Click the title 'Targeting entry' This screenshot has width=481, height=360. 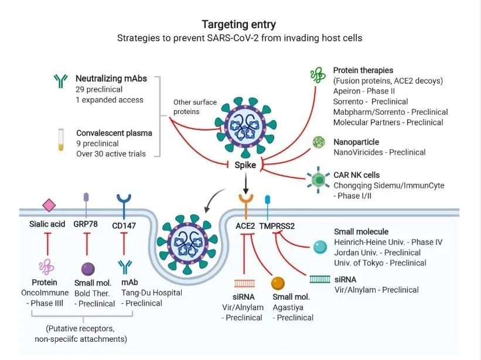[x=238, y=25]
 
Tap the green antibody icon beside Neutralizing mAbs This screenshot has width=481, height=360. [x=61, y=81]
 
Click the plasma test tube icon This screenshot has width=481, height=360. [x=61, y=140]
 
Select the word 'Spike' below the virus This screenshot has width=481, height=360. [x=245, y=165]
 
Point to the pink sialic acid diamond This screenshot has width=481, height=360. [x=49, y=205]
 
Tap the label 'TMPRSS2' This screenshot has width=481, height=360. [x=277, y=226]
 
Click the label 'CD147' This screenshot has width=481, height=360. [x=124, y=226]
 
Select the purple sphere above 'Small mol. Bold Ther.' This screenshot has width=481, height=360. [x=88, y=269]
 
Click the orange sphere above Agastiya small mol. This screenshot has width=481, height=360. [x=278, y=283]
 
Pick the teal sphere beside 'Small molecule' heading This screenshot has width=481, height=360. [x=320, y=247]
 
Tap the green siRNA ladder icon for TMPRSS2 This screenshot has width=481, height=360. [x=320, y=279]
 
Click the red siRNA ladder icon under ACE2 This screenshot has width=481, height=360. [x=244, y=283]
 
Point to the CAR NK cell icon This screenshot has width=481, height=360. [x=319, y=180]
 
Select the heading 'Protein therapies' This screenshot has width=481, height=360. [x=363, y=70]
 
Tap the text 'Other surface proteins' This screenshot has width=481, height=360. [x=195, y=107]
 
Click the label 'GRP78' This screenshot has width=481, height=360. [x=86, y=224]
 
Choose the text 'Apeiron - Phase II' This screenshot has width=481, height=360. [x=364, y=91]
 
